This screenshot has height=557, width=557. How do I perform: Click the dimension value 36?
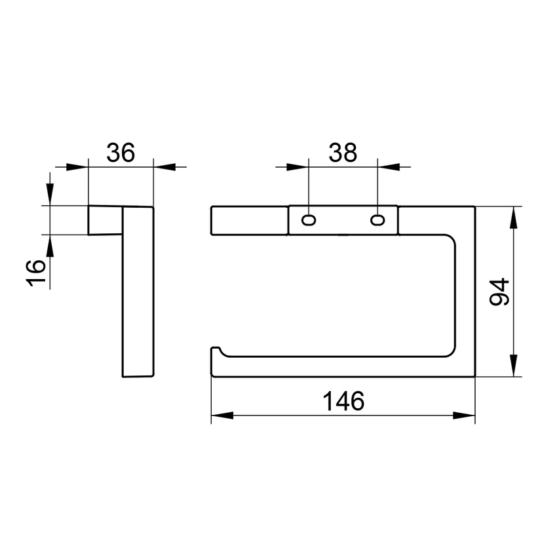(121, 153)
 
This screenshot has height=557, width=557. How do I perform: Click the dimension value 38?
(343, 153)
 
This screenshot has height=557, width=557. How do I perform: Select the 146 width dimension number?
(343, 400)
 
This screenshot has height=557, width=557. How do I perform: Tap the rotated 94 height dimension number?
(499, 292)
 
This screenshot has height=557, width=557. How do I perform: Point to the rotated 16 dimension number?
(36, 273)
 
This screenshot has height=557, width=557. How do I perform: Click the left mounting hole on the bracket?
(309, 220)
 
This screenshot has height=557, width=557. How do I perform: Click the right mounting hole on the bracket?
(377, 220)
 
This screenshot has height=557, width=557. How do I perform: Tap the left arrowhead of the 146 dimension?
(222, 415)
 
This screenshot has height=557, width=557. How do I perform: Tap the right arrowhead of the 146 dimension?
(464, 415)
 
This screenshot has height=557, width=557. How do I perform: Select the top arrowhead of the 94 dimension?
(513, 218)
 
